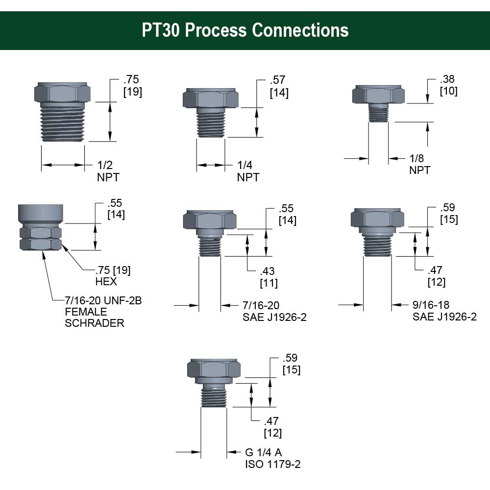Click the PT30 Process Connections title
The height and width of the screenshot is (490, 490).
click(x=245, y=30)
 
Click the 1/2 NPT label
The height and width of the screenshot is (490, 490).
click(x=107, y=171)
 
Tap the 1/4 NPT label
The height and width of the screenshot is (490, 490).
click(x=248, y=171)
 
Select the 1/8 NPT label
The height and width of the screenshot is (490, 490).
click(x=419, y=164)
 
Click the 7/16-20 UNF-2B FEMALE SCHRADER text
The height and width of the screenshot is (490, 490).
click(x=103, y=312)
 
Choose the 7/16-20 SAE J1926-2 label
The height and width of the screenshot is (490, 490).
click(x=274, y=311)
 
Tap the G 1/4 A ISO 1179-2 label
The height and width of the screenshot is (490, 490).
click(x=272, y=458)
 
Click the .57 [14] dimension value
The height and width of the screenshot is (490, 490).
click(x=279, y=86)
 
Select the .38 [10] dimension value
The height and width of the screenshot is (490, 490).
click(x=449, y=85)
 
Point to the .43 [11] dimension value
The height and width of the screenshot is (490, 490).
click(x=269, y=277)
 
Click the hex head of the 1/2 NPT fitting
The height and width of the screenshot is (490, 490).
click(x=62, y=92)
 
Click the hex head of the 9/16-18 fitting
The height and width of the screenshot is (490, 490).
click(x=378, y=218)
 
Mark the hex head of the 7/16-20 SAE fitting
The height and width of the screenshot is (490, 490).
click(x=209, y=220)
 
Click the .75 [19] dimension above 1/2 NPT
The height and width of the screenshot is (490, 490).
click(x=132, y=86)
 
